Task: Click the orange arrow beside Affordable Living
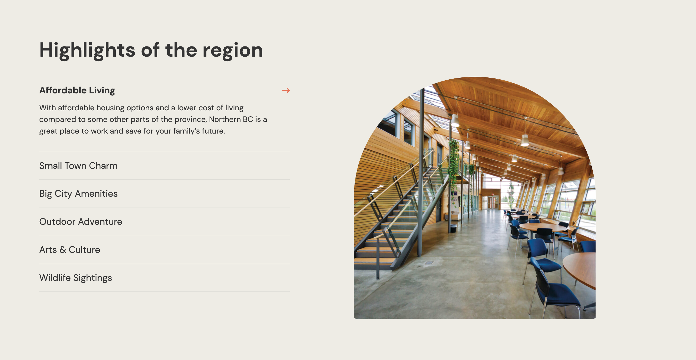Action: [286, 90]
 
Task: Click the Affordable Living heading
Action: [77, 90]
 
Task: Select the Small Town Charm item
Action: [78, 165]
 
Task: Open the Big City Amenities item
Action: [78, 194]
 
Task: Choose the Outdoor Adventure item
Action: [81, 221]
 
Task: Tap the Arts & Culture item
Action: [70, 249]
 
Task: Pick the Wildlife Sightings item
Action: [76, 278]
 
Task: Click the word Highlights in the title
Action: [87, 50]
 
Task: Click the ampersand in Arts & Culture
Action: [63, 249]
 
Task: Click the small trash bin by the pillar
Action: [453, 228]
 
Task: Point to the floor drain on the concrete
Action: [429, 262]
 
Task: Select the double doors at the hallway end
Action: [493, 202]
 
